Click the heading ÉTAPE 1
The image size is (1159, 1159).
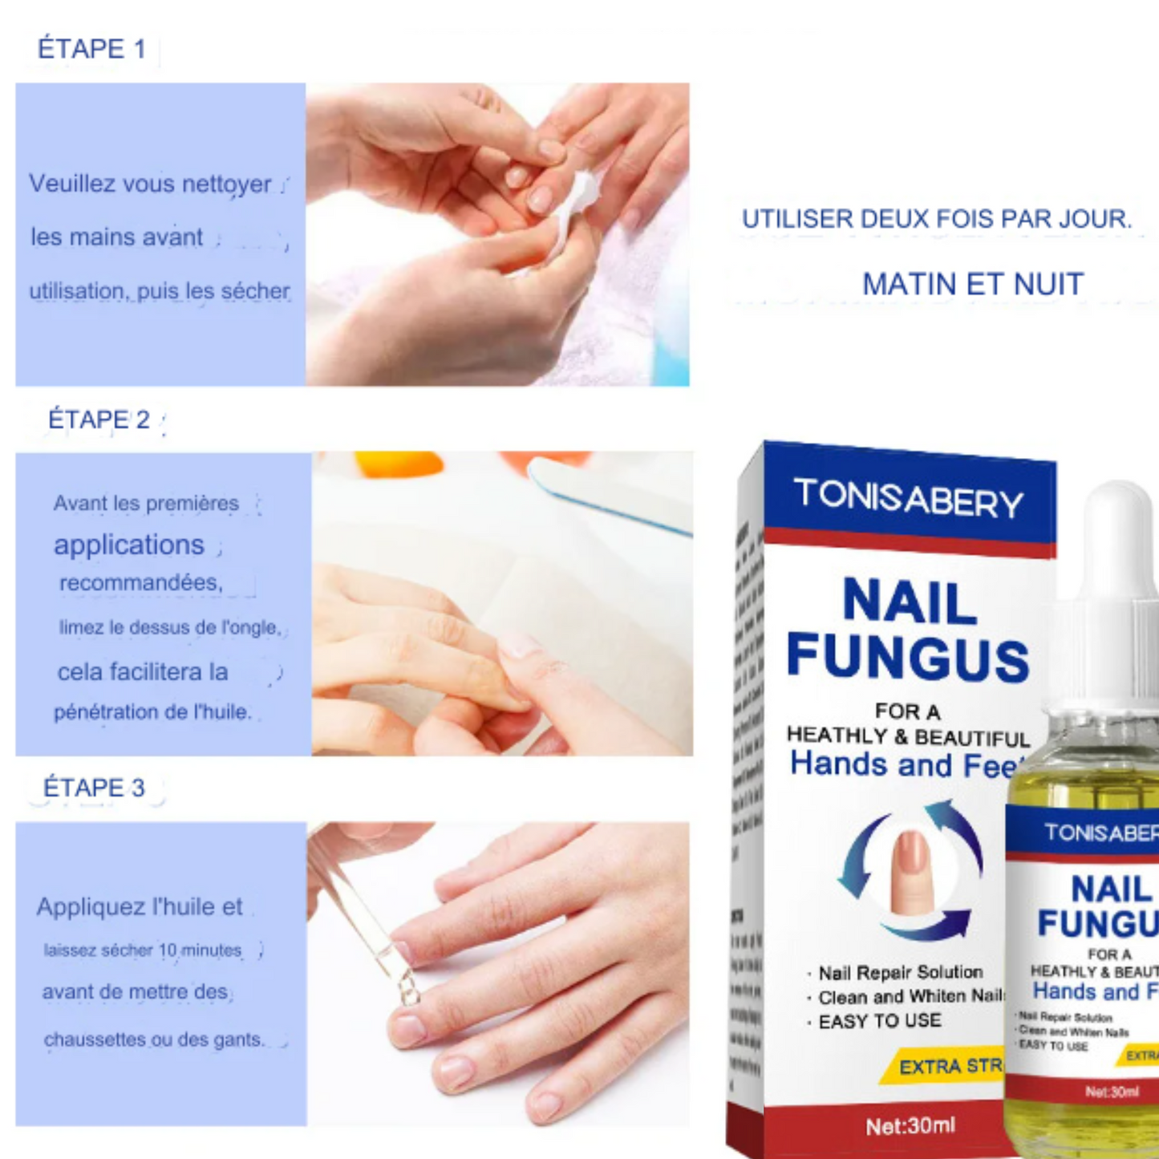91,49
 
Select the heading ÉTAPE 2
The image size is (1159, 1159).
99,419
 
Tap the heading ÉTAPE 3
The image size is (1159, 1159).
94,788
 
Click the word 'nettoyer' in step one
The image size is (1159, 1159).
226,184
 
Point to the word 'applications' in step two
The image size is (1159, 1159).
129,545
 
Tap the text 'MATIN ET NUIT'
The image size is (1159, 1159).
972,284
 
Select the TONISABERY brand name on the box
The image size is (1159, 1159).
908,498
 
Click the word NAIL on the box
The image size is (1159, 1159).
910,602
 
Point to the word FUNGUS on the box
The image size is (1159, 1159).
908,658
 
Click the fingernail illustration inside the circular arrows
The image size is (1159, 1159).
910,870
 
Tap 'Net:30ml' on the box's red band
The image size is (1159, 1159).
910,1126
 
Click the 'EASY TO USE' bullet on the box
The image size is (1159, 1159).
879,1021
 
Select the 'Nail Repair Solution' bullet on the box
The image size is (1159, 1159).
900,973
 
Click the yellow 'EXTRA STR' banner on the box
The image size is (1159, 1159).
946,1066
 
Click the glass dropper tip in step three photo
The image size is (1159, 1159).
408,991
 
